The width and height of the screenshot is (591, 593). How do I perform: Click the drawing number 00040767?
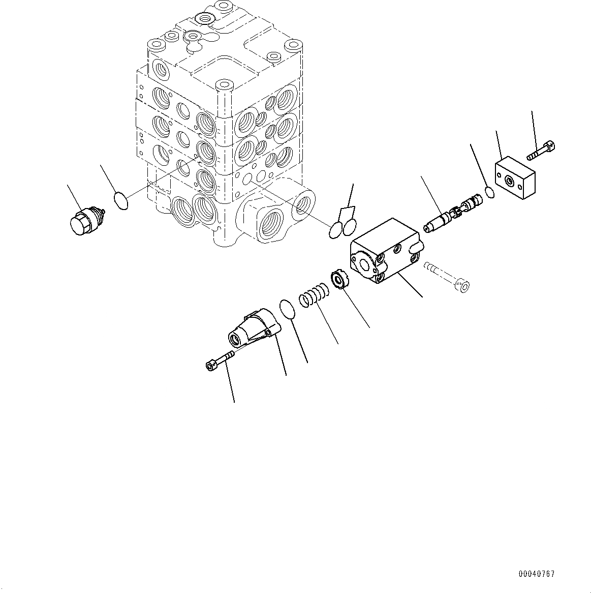[537, 574]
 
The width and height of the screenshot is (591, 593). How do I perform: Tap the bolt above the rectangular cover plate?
[542, 151]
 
